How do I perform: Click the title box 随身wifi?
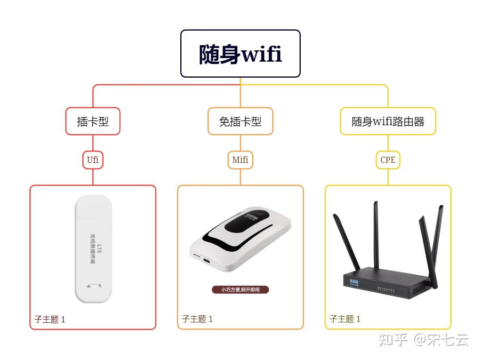(240, 54)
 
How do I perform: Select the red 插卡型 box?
(93, 121)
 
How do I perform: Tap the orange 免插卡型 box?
(240, 121)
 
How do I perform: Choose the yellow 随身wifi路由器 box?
(388, 121)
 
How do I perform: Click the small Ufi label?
(93, 160)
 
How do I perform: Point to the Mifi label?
(240, 160)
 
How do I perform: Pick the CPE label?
(388, 160)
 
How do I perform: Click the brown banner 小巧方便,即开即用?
(240, 290)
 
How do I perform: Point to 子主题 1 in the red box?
(49, 319)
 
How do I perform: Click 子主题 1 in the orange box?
(197, 319)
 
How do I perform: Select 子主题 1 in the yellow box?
(345, 319)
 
